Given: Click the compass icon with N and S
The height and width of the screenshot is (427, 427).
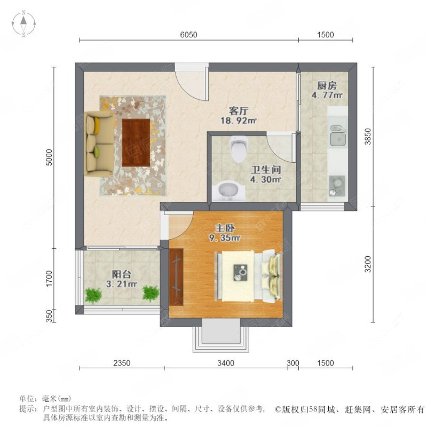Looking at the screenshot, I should tap(24, 23).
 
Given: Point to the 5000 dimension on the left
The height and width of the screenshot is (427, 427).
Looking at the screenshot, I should tap(49, 156).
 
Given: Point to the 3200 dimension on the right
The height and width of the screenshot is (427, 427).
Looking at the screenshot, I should tap(367, 263).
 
